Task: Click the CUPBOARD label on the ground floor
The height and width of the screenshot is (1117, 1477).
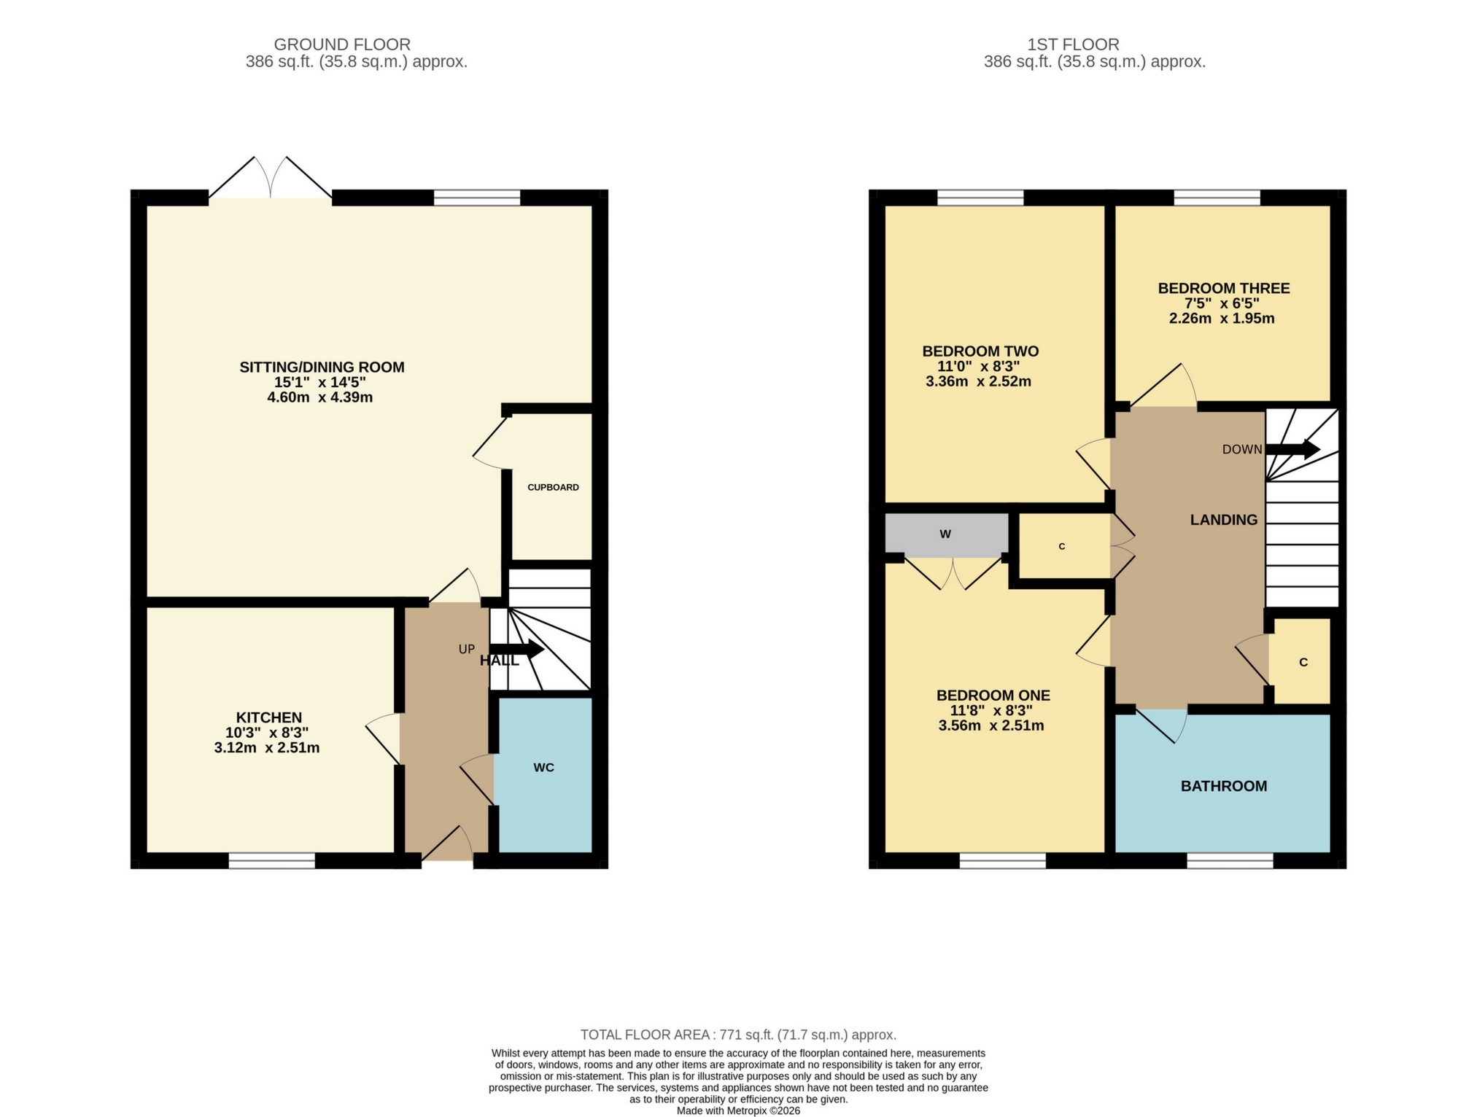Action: (x=553, y=487)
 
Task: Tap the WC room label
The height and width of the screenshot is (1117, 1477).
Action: (x=543, y=767)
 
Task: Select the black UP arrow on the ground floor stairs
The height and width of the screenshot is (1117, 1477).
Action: (x=517, y=649)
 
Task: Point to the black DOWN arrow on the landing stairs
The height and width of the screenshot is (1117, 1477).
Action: (x=1292, y=449)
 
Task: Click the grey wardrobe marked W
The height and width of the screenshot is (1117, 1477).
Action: (x=946, y=534)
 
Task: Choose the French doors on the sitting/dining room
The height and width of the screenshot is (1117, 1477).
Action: (x=271, y=179)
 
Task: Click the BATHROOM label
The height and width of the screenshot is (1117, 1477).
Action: (x=1223, y=786)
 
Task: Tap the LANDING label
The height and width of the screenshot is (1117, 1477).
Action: (x=1223, y=520)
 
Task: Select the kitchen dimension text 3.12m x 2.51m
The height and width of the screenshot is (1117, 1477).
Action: (x=267, y=748)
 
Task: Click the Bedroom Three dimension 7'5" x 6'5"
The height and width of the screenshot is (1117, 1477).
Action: (x=1222, y=303)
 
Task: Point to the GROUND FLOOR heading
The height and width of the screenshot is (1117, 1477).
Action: (x=342, y=44)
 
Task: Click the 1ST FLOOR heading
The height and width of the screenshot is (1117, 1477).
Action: (x=1073, y=44)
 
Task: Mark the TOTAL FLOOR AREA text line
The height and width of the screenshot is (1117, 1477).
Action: (x=738, y=1035)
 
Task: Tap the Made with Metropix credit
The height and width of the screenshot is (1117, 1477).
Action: (x=738, y=1111)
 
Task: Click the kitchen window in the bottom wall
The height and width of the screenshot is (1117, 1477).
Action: (x=272, y=861)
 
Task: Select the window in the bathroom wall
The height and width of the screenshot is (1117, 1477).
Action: (x=1230, y=861)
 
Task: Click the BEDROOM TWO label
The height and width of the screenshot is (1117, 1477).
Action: (x=980, y=351)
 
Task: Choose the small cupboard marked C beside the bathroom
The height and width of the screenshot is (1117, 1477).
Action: (x=1303, y=662)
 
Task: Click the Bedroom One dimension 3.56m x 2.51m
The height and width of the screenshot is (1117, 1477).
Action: (x=991, y=726)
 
